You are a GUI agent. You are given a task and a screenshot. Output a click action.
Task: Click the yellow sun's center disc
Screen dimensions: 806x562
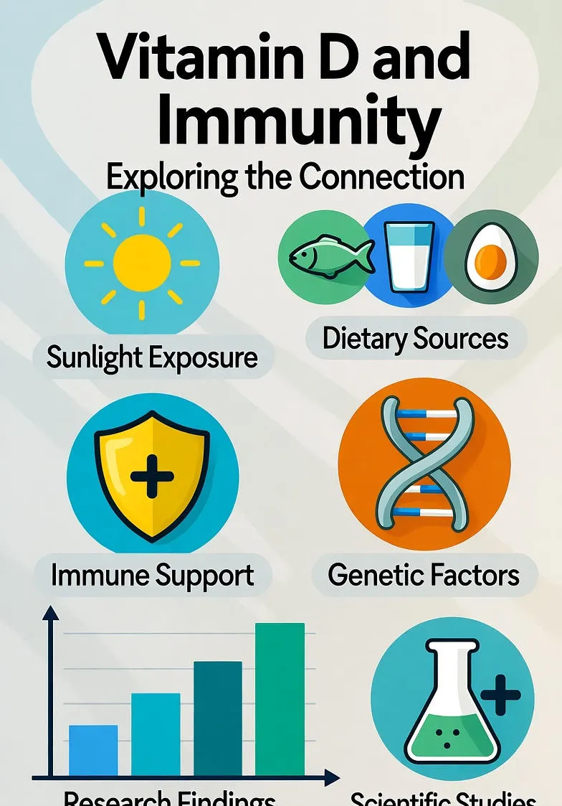point(142,263)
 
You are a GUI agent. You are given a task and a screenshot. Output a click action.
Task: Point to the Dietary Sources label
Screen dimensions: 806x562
point(416,339)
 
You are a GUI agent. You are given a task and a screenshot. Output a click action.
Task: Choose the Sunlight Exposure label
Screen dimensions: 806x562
point(152,357)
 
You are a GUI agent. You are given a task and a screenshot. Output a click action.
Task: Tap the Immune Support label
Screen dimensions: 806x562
point(153,575)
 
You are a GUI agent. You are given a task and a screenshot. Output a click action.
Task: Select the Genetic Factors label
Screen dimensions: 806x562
point(424,575)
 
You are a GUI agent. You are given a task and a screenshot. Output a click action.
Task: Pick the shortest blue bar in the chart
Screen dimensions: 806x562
point(93,750)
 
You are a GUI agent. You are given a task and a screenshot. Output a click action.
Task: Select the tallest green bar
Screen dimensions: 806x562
point(280,699)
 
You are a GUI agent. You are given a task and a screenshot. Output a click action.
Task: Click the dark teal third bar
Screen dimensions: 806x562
point(218,718)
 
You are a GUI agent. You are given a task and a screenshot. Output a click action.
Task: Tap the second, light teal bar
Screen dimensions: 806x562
point(156,734)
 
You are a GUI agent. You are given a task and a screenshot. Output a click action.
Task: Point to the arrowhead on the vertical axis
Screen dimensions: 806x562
point(50,612)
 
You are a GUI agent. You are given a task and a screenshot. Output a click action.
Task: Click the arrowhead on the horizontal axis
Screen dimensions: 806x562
point(331,777)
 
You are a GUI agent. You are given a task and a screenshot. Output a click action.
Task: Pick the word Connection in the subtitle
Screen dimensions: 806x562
point(382,176)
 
